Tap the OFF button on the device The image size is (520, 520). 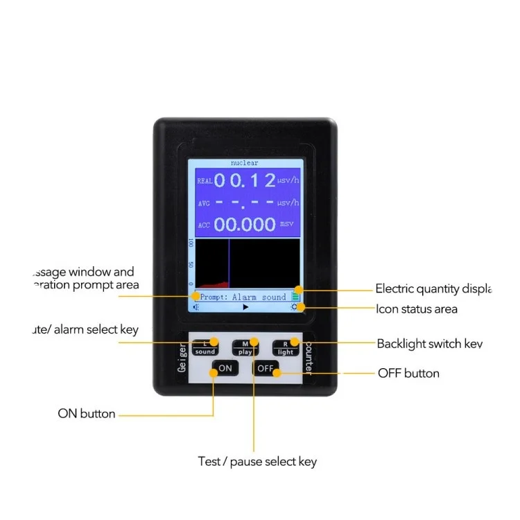tap(265, 368)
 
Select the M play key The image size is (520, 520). tap(245, 347)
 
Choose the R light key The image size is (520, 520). tap(285, 347)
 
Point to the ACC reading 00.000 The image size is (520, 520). tap(245, 224)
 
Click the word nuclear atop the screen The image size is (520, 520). tap(245, 163)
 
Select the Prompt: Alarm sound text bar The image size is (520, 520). tap(243, 297)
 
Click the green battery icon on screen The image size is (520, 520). tap(295, 297)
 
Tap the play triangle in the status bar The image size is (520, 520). tap(245, 306)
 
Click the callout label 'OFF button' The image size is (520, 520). tap(408, 373)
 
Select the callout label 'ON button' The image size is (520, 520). tap(87, 414)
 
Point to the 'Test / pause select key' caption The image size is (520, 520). tap(257, 461)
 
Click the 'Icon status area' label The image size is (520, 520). tap(417, 309)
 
